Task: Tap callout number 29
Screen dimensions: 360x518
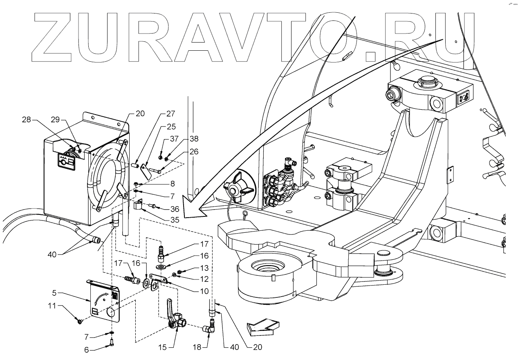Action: (x=55, y=120)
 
